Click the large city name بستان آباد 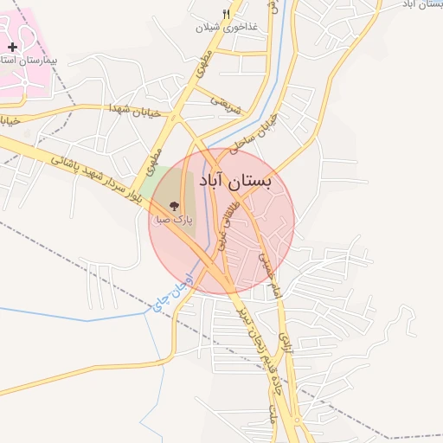[235, 181]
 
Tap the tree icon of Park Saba [174, 206]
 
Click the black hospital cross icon [12, 46]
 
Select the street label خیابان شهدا [131, 108]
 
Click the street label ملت [276, 408]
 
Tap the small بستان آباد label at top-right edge [423, 5]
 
